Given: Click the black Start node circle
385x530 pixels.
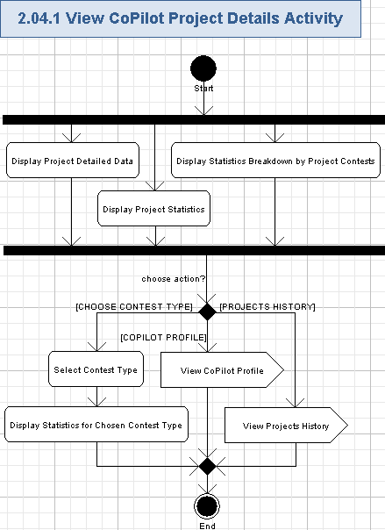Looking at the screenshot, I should tap(203, 68).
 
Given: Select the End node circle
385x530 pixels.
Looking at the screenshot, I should tap(207, 506).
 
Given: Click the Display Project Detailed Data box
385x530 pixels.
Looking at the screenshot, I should tap(72, 161).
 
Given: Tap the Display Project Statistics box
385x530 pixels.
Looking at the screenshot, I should tap(153, 209).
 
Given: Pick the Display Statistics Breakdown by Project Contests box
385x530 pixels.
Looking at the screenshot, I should tap(275, 161).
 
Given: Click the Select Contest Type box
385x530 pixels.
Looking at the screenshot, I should tap(96, 369).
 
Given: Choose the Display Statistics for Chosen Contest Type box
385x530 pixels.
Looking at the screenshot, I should tap(96, 425).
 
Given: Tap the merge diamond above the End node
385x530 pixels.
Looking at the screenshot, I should tap(207, 465).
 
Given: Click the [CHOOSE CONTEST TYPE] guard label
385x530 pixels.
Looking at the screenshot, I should tap(134, 306).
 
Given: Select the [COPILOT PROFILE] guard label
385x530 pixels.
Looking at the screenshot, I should tap(163, 337).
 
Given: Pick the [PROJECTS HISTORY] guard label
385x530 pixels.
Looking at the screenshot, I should tap(267, 306).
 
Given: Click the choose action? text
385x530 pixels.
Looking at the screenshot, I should tap(174, 279).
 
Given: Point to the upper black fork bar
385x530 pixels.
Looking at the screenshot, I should tap(192, 119).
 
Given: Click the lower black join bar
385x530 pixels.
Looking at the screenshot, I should tap(192, 250).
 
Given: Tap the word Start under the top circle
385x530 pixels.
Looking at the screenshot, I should tap(203, 89).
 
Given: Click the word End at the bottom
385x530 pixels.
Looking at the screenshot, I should tap(207, 525).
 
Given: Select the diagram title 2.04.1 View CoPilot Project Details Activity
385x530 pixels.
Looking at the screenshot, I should tap(181, 18).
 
